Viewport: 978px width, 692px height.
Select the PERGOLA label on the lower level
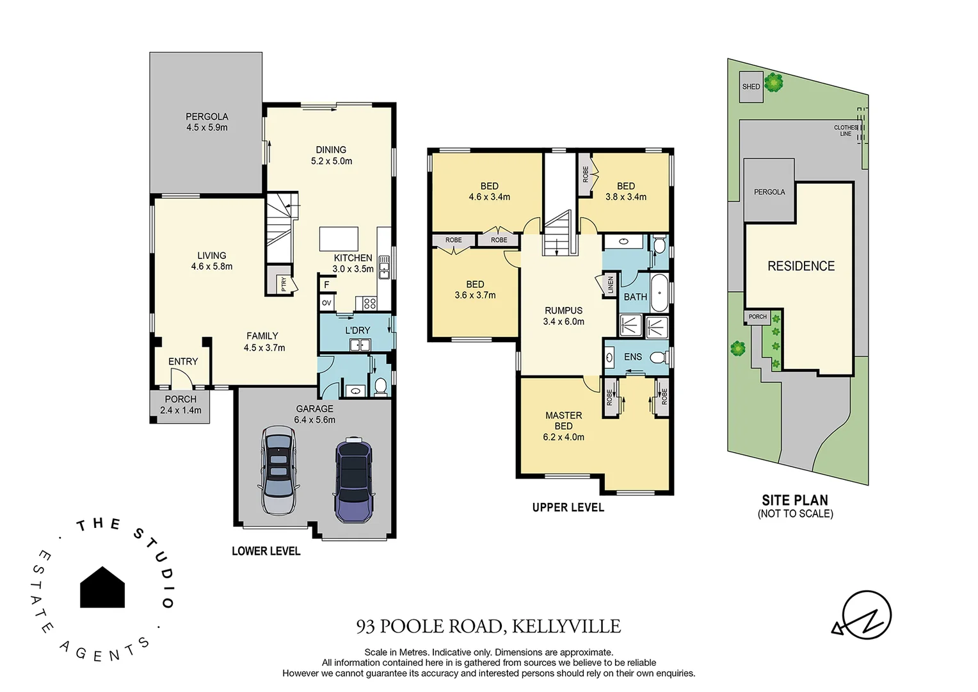pyautogui.click(x=207, y=117)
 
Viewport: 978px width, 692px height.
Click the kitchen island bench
pyautogui.click(x=339, y=238)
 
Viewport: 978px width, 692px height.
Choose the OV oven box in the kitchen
pyautogui.click(x=326, y=303)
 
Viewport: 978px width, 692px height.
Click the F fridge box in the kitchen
pyautogui.click(x=326, y=284)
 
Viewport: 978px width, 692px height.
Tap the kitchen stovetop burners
pyautogui.click(x=369, y=303)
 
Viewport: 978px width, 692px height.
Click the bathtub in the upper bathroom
pyautogui.click(x=659, y=293)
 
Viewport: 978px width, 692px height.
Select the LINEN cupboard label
pyautogui.click(x=610, y=284)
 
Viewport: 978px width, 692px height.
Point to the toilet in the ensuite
pyautogui.click(x=656, y=357)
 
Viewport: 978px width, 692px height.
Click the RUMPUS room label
pyautogui.click(x=563, y=310)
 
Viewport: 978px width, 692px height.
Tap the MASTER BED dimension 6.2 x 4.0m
pyautogui.click(x=563, y=437)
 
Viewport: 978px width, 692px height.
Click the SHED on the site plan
pyautogui.click(x=751, y=87)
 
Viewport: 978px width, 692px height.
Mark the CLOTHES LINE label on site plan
pyautogui.click(x=846, y=131)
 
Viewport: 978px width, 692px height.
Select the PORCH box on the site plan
pyautogui.click(x=757, y=317)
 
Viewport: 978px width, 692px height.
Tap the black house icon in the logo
pyautogui.click(x=102, y=588)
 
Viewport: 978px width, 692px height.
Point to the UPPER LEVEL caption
pyautogui.click(x=568, y=507)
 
